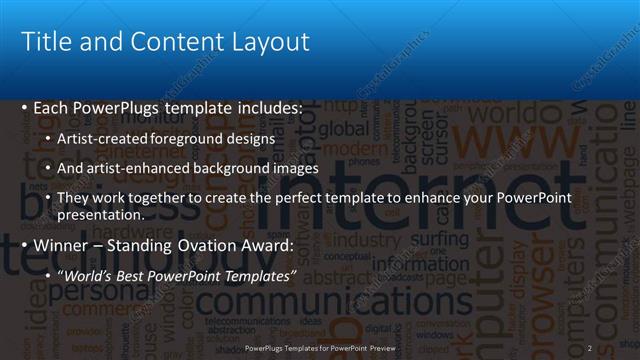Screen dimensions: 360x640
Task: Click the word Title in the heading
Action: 46,42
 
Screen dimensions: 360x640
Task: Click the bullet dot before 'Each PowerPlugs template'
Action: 25,107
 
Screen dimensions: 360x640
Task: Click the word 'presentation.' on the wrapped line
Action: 100,214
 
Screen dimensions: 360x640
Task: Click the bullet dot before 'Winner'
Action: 25,245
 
